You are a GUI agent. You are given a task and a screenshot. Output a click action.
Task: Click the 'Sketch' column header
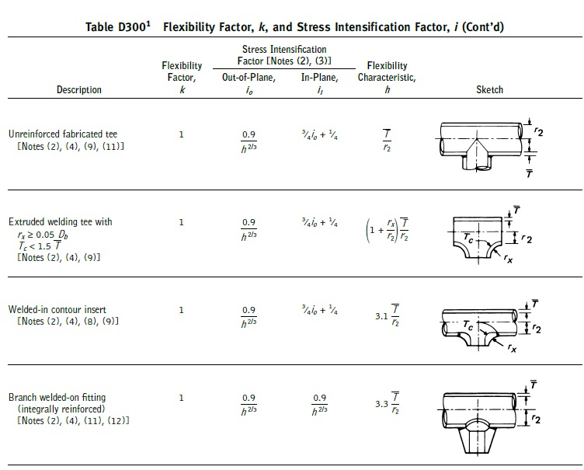(x=489, y=89)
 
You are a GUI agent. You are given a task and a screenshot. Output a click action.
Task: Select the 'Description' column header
(x=79, y=89)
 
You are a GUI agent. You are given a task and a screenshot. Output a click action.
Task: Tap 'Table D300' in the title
(x=118, y=27)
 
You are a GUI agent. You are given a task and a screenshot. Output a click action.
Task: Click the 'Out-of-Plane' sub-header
(x=249, y=77)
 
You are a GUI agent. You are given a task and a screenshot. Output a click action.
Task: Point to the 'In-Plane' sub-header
(x=319, y=77)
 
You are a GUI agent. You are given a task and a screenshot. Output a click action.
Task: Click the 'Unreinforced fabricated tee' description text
(x=63, y=134)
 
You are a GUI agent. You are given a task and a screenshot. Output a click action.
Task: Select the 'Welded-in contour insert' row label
(x=57, y=309)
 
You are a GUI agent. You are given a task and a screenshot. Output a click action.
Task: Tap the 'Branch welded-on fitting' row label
(x=57, y=397)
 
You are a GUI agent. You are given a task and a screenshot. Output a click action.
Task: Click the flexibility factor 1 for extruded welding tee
(x=182, y=222)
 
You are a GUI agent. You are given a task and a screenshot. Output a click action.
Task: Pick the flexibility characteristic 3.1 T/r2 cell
(x=388, y=315)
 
